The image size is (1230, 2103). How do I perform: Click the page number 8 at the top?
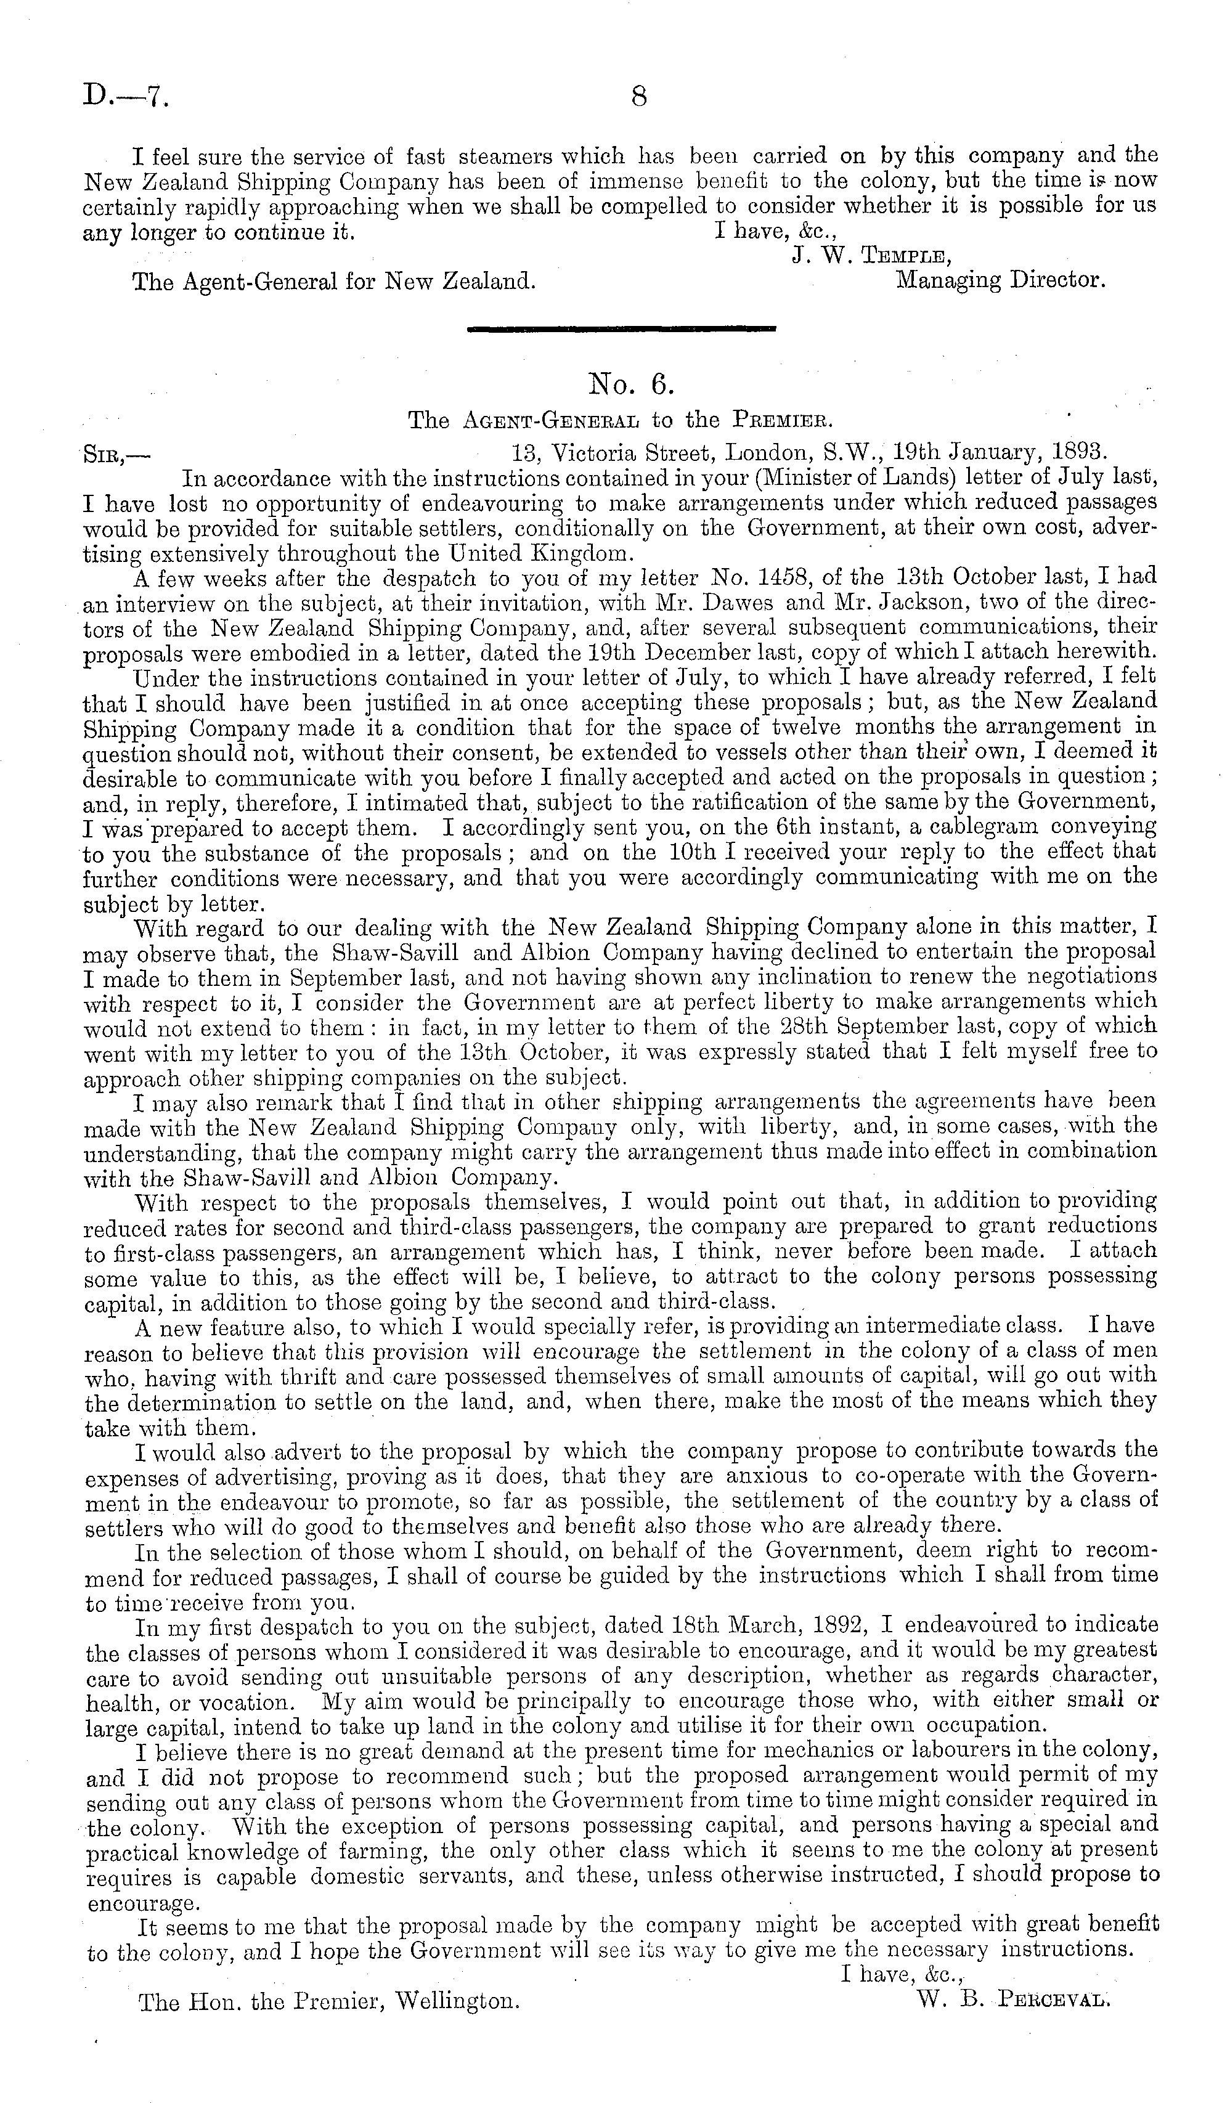click(x=638, y=97)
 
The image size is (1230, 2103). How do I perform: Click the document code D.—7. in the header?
click(x=125, y=97)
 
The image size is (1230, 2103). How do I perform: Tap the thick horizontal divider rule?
click(x=622, y=330)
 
